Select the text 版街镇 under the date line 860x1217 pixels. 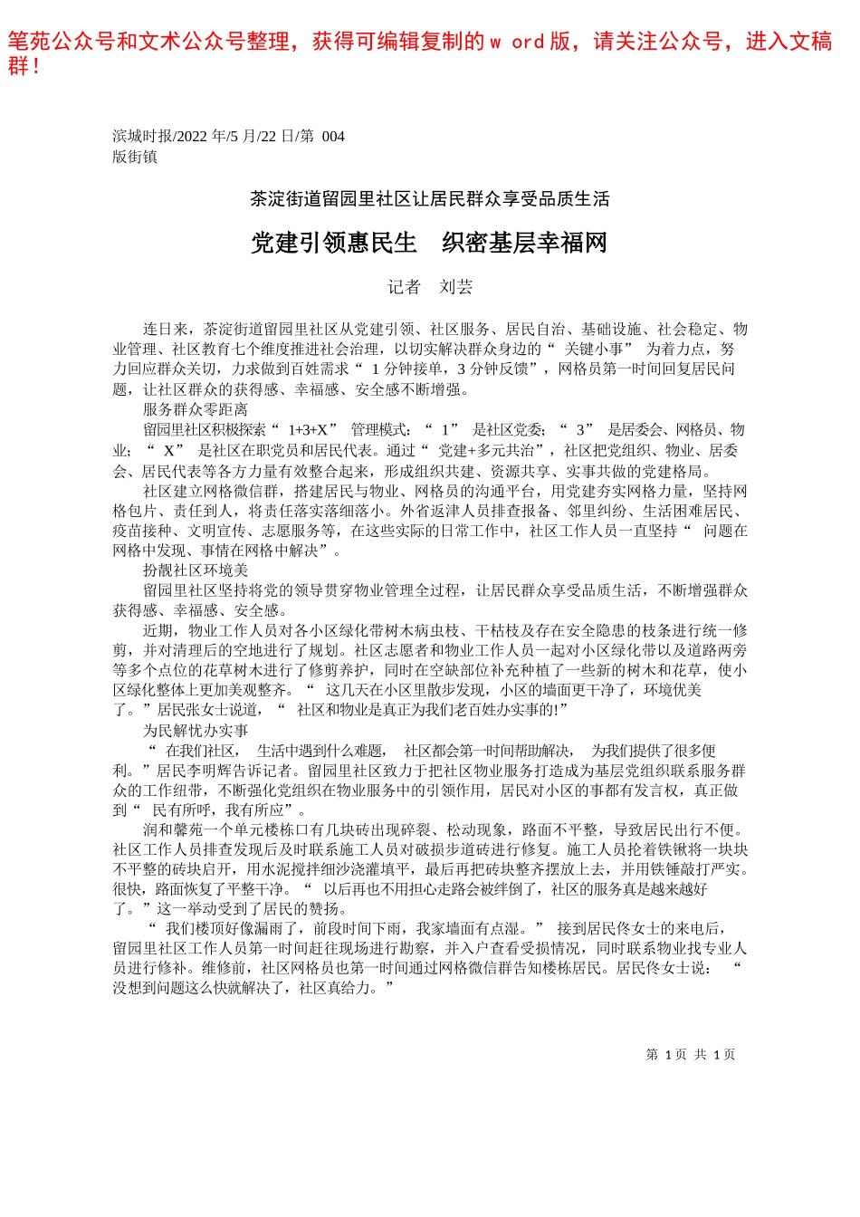coord(135,157)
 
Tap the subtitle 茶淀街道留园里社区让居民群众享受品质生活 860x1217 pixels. coord(429,199)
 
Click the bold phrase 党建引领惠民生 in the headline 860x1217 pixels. coord(333,243)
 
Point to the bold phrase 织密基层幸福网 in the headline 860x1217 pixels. coord(524,243)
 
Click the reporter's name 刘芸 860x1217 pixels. coord(456,287)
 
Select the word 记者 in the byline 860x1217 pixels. coord(404,287)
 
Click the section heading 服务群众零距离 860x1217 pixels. coord(195,409)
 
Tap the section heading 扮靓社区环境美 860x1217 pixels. coord(195,570)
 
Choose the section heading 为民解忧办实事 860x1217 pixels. coord(195,731)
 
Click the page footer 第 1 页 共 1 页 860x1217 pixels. coord(690,1055)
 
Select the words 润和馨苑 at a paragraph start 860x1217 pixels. coord(173,830)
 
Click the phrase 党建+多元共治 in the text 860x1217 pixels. coord(484,450)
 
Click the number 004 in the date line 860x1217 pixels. coord(333,137)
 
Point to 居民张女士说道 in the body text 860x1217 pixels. coord(210,710)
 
